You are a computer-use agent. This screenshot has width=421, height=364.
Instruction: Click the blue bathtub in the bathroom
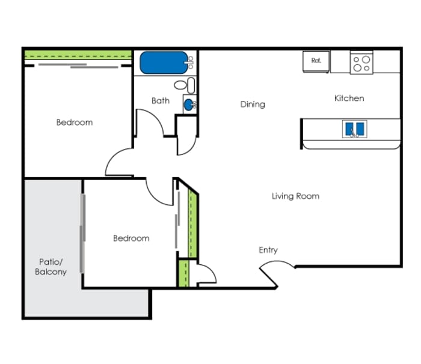coord(164,62)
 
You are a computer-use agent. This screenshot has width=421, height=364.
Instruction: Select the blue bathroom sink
coord(189,105)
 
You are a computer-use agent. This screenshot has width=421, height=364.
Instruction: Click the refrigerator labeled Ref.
coord(316,61)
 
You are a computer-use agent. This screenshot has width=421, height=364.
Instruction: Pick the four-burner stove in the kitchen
coord(361,62)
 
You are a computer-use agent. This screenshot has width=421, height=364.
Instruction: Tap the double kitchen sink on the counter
coord(354,129)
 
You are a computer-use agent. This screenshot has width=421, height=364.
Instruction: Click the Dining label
coord(253,105)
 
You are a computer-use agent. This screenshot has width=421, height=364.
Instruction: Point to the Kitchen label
coord(349,98)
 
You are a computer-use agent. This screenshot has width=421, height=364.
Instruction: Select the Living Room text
coord(295,196)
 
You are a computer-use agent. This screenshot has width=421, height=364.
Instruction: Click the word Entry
coord(268,250)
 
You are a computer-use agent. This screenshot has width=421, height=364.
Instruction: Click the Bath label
coord(161,100)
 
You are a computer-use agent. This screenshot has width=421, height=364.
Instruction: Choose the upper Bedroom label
coord(75,123)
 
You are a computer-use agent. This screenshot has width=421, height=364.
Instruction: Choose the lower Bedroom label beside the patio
coord(131,238)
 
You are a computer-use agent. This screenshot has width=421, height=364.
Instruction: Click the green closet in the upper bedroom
coord(78,55)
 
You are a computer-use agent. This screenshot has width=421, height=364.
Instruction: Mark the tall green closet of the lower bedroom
coord(193,224)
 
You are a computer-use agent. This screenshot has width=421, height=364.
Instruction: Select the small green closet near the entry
coord(183,273)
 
